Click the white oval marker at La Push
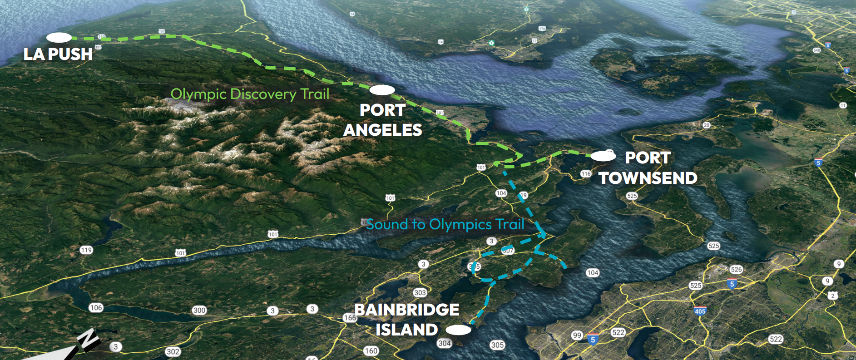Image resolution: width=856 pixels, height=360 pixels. pos(59,38)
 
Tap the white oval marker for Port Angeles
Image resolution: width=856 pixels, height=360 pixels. pos(382,90)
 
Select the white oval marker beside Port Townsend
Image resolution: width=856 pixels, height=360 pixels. pos(603,157)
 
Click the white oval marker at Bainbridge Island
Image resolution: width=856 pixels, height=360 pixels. pos(459,330)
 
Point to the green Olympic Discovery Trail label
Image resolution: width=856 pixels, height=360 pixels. pos(250,94)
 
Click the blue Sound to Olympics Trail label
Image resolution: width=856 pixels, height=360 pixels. pos(445,224)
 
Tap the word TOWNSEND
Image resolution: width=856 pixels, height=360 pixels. pos(648,178)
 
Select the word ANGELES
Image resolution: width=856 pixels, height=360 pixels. pos(383,130)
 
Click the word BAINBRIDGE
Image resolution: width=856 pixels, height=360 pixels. pos(407,310)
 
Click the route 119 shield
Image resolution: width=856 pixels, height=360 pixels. pos(86,250)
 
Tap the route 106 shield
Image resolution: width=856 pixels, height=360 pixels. pos(96,308)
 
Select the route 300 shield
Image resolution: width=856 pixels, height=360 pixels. pos(199,311)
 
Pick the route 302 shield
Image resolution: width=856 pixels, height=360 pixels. pos(173,352)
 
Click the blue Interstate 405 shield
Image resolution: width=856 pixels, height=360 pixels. pos(700,311)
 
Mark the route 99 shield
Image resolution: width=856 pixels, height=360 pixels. pos(577,335)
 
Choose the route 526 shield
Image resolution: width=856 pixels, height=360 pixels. pos(736,269)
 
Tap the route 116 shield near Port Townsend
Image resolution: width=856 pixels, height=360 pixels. pos(586,174)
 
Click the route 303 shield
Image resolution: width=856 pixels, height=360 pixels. pos(420,293)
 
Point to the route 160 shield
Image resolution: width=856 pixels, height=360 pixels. pos(371,351)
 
